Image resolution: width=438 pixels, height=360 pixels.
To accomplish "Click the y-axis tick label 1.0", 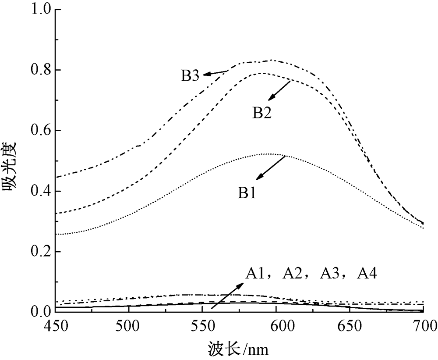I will tap(39, 10).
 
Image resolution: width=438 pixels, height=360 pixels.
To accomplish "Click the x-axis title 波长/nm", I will tap(238, 349).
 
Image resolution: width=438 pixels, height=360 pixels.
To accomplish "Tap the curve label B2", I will tap(262, 113).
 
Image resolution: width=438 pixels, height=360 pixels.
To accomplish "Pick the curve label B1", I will tap(246, 192).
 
